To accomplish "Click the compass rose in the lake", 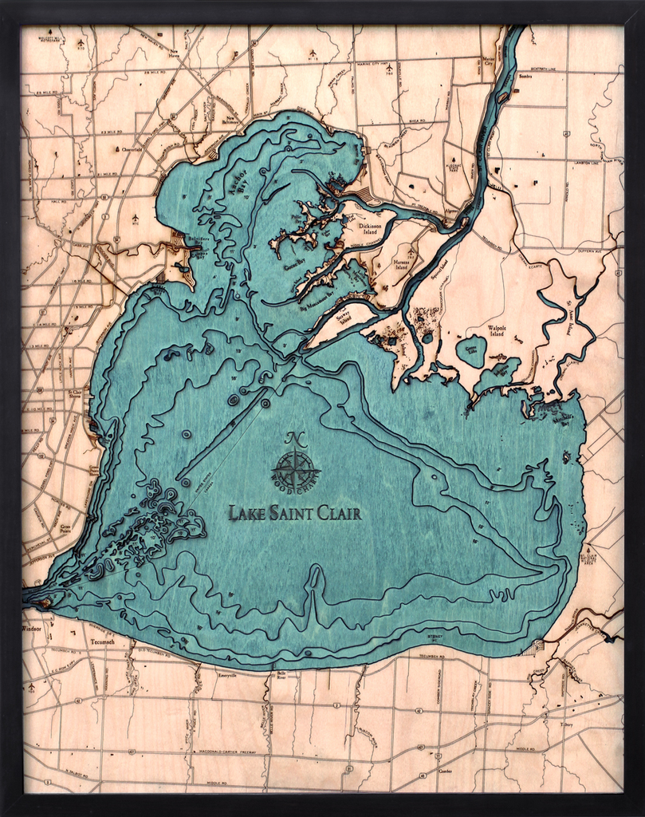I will [x=295, y=470].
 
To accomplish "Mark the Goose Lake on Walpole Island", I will [x=471, y=349].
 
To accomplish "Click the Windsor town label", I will [x=31, y=629].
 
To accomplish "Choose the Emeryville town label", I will [x=227, y=675].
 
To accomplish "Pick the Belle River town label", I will [x=281, y=676].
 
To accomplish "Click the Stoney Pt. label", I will [x=435, y=637].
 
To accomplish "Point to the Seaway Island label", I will [x=345, y=318].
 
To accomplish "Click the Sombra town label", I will [x=525, y=77].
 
